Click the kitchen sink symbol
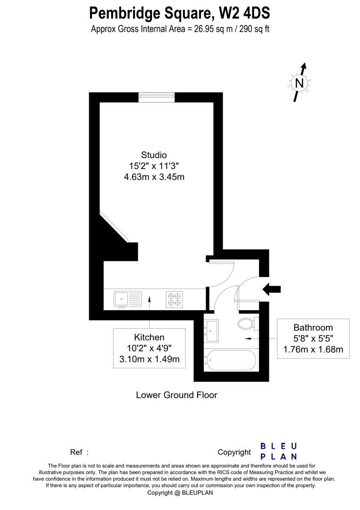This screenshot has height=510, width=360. click(127, 299)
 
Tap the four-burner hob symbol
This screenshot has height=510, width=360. click(174, 299)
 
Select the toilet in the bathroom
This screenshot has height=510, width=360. click(246, 324)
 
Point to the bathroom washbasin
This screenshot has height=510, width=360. click(211, 330)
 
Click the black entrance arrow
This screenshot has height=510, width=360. click(272, 289)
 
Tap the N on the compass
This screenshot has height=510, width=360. click(299, 83)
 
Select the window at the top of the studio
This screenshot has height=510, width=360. click(157, 97)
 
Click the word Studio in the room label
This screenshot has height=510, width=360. click(154, 155)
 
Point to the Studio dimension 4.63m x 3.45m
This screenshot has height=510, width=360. click(154, 178)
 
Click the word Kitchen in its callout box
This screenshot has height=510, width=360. click(149, 337)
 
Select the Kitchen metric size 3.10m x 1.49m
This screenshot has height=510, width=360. click(149, 359)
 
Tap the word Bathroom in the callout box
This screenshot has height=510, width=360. click(313, 327)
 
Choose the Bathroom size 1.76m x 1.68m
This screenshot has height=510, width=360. click(313, 350)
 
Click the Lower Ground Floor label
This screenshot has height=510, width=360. click(176, 395)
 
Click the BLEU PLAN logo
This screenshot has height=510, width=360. click(279, 451)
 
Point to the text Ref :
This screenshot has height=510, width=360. click(79, 452)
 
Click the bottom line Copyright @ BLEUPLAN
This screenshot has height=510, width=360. click(180, 493)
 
